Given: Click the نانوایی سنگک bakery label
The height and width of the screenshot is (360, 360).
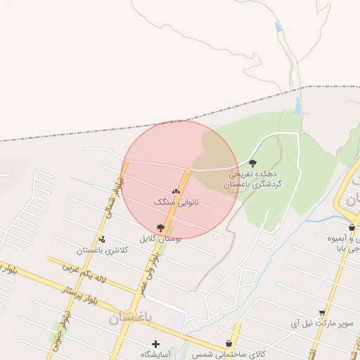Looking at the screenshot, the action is pyautogui.click(x=176, y=202).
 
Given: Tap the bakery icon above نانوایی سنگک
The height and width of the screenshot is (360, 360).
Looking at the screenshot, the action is pyautogui.click(x=176, y=191).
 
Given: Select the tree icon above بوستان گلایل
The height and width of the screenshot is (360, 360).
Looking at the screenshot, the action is pyautogui.click(x=160, y=228).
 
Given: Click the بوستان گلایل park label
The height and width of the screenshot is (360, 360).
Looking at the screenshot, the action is pyautogui.click(x=161, y=238).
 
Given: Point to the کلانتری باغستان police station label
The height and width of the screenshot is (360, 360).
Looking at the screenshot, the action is pyautogui.click(x=103, y=250).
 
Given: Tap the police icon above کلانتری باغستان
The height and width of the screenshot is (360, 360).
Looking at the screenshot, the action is pyautogui.click(x=103, y=240).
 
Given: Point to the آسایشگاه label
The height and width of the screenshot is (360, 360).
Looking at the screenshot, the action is pyautogui.click(x=155, y=354).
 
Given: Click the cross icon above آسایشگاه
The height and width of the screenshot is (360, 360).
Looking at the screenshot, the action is pyautogui.click(x=155, y=344).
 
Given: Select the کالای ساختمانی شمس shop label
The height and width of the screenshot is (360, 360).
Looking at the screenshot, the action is pyautogui.click(x=228, y=354).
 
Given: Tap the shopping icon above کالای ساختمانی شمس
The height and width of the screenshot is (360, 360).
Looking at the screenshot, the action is pyautogui.click(x=229, y=344).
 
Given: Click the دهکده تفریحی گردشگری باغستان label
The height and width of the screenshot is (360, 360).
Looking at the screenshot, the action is pyautogui.click(x=254, y=179).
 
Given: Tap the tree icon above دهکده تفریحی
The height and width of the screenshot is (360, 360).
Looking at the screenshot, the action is pyautogui.click(x=252, y=163).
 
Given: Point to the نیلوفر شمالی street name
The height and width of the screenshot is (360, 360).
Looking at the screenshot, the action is pyautogui.click(x=113, y=195).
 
